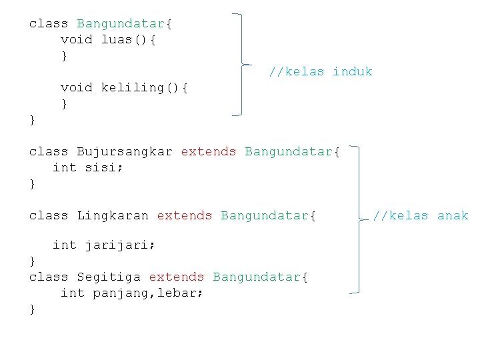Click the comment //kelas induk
pyautogui.click(x=321, y=72)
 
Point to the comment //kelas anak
pyautogui.click(x=420, y=216)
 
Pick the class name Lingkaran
pyautogui.click(x=113, y=216)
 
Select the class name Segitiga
pyautogui.click(x=109, y=277)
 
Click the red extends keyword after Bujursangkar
pyautogui.click(x=208, y=152)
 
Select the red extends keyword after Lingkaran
pyautogui.click(x=184, y=216)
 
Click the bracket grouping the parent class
pyautogui.click(x=241, y=65)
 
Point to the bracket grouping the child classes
pyautogui.click(x=360, y=220)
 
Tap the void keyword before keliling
pyautogui.click(x=77, y=88)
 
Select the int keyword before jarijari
pyautogui.click(x=65, y=245)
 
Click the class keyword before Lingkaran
pyautogui.click(x=49, y=216)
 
